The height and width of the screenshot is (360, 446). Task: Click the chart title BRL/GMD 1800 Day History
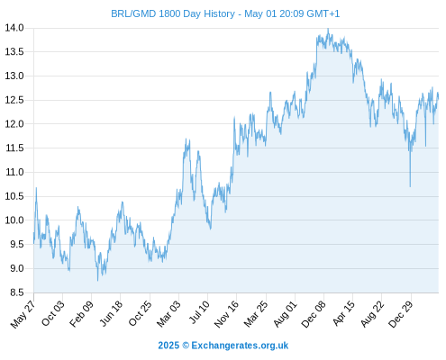tap(173, 13)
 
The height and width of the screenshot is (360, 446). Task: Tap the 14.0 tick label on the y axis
tap(14, 28)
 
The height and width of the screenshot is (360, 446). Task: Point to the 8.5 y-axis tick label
tap(17, 292)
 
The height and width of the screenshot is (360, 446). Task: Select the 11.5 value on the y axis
tap(14, 148)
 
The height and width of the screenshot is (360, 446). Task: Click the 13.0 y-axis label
tap(14, 76)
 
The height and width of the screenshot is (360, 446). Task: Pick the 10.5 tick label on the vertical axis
tap(14, 196)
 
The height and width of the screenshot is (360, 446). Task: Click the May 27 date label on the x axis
tap(23, 314)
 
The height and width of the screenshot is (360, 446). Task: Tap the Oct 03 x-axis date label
tap(53, 313)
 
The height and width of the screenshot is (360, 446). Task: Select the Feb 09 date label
tap(81, 313)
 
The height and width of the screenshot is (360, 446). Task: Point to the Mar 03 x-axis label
tap(168, 313)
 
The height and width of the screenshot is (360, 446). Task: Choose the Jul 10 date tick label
tap(199, 312)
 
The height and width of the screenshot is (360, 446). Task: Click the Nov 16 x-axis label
tap(226, 314)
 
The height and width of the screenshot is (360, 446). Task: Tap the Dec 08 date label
tap(314, 314)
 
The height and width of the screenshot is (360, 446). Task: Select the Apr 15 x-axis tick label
tap(344, 313)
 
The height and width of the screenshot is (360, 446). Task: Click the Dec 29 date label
tap(401, 314)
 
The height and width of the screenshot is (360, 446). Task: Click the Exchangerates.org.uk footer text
tap(240, 346)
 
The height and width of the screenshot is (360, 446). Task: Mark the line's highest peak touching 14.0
tap(328, 29)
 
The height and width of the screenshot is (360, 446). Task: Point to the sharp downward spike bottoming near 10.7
tap(410, 186)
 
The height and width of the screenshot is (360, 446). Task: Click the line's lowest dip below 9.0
tap(97, 281)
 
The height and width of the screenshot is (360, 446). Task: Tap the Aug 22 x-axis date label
tap(372, 313)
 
